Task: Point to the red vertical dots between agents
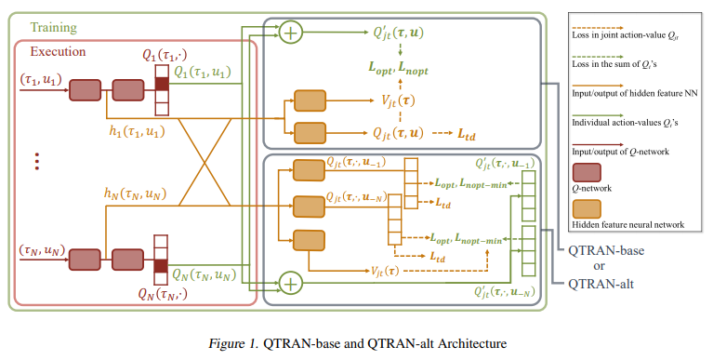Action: (x=38, y=162)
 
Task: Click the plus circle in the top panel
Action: (x=293, y=33)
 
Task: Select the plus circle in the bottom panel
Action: (x=293, y=281)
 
